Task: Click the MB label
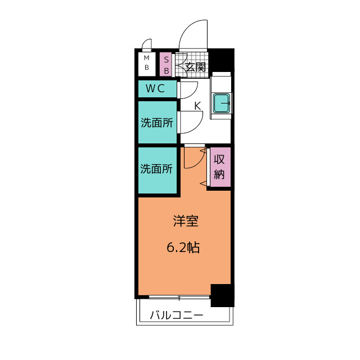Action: point(146,64)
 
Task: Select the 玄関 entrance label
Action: point(195,67)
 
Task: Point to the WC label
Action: point(155,88)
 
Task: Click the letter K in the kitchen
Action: point(197,105)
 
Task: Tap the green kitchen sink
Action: point(222,103)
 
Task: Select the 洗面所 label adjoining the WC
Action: point(156,122)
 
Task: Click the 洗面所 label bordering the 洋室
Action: point(156,169)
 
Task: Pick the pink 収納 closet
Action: point(220,166)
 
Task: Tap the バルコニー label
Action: point(176,316)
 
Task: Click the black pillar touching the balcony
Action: point(222,295)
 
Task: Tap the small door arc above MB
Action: point(147,44)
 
